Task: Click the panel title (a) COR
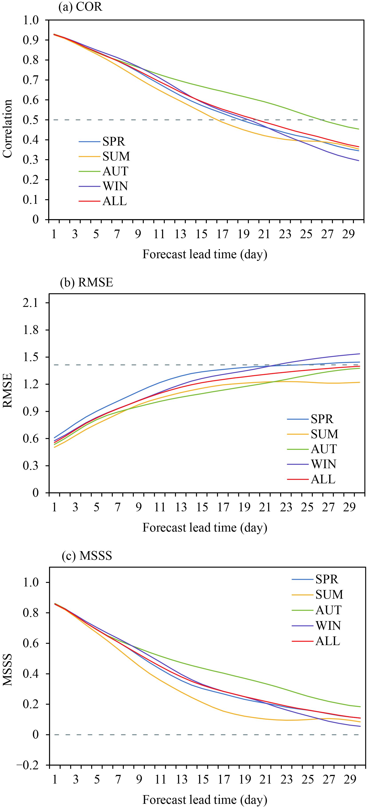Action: pyautogui.click(x=81, y=7)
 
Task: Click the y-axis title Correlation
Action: pyautogui.click(x=8, y=129)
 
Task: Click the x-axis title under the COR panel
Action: pyautogui.click(x=205, y=254)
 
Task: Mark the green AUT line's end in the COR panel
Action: pyautogui.click(x=359, y=129)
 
